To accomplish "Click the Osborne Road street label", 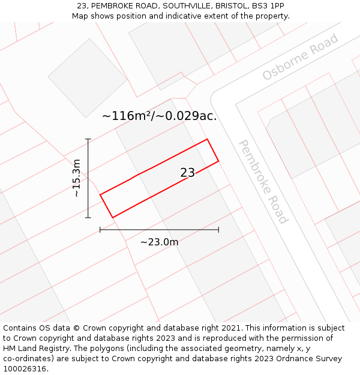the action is [x=301, y=58].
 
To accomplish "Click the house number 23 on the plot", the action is [x=187, y=173].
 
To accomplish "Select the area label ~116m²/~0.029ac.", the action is [x=159, y=116].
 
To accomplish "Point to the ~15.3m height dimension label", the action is [x=76, y=178].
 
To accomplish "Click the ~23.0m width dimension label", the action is [x=159, y=242].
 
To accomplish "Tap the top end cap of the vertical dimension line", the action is [x=88, y=139].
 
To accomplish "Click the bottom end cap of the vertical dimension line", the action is [x=88, y=217].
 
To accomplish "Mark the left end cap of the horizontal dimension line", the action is [x=100, y=230].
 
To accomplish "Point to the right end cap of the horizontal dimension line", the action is [x=218, y=230].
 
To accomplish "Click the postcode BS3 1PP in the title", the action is [x=268, y=6].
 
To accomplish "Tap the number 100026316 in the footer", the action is [x=25, y=369].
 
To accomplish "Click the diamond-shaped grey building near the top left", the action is [x=88, y=78].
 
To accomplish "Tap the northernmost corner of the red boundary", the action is [x=207, y=139].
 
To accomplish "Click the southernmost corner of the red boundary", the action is [x=112, y=217].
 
